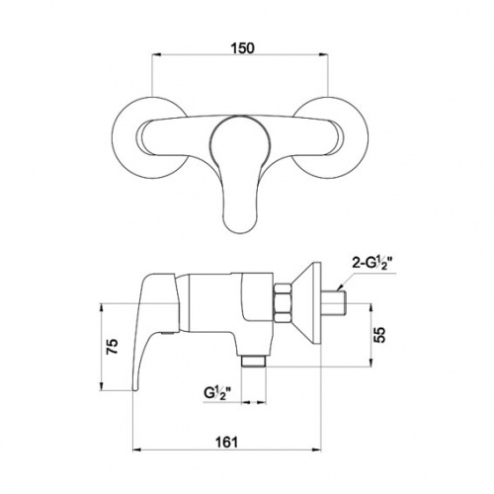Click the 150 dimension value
tap(242, 48)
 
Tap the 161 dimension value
tap(226, 441)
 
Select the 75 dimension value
tap(113, 346)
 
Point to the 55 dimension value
tap(380, 335)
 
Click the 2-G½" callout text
tap(373, 265)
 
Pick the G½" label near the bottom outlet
tap(217, 393)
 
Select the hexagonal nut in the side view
tap(283, 302)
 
